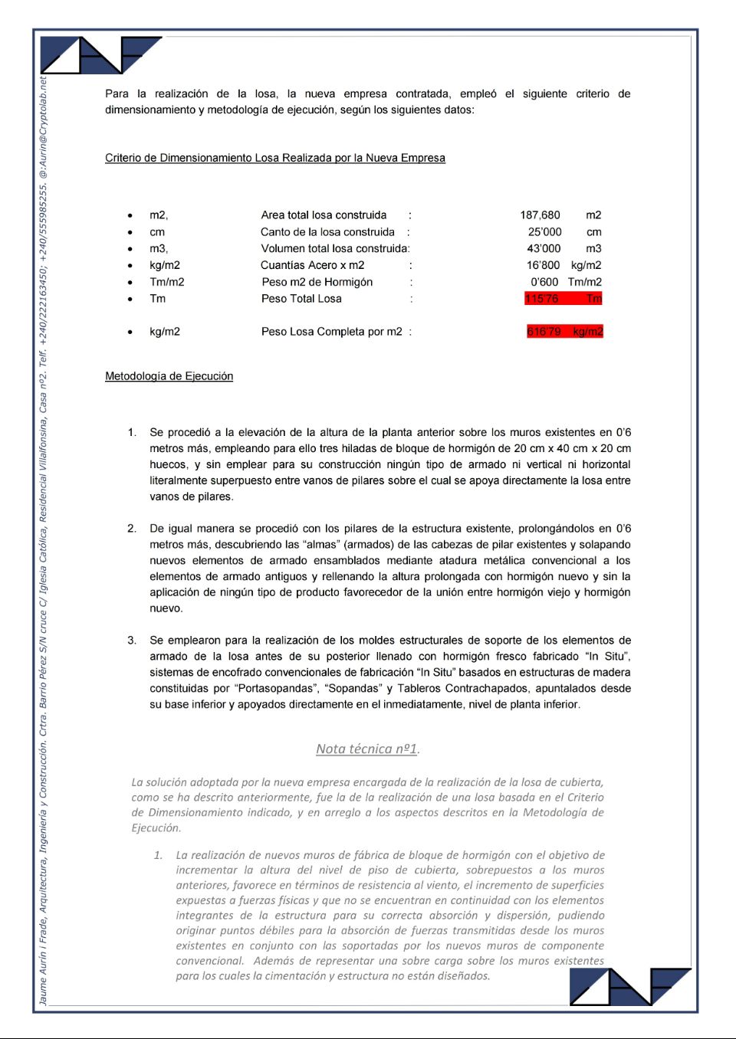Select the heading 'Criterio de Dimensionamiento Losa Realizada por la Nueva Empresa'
(274, 158)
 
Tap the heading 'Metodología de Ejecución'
(169, 376)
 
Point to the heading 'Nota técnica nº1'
(366, 749)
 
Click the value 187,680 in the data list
(540, 215)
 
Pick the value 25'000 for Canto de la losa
(544, 232)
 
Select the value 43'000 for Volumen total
(544, 249)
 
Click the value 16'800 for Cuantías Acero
(543, 265)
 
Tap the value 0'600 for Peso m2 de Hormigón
(544, 282)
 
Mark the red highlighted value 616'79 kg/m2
(564, 332)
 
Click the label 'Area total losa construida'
(324, 215)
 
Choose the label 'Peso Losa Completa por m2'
(331, 332)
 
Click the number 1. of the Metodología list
(133, 433)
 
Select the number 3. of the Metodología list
(133, 641)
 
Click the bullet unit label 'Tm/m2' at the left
(166, 282)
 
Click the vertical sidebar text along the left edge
(43, 536)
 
